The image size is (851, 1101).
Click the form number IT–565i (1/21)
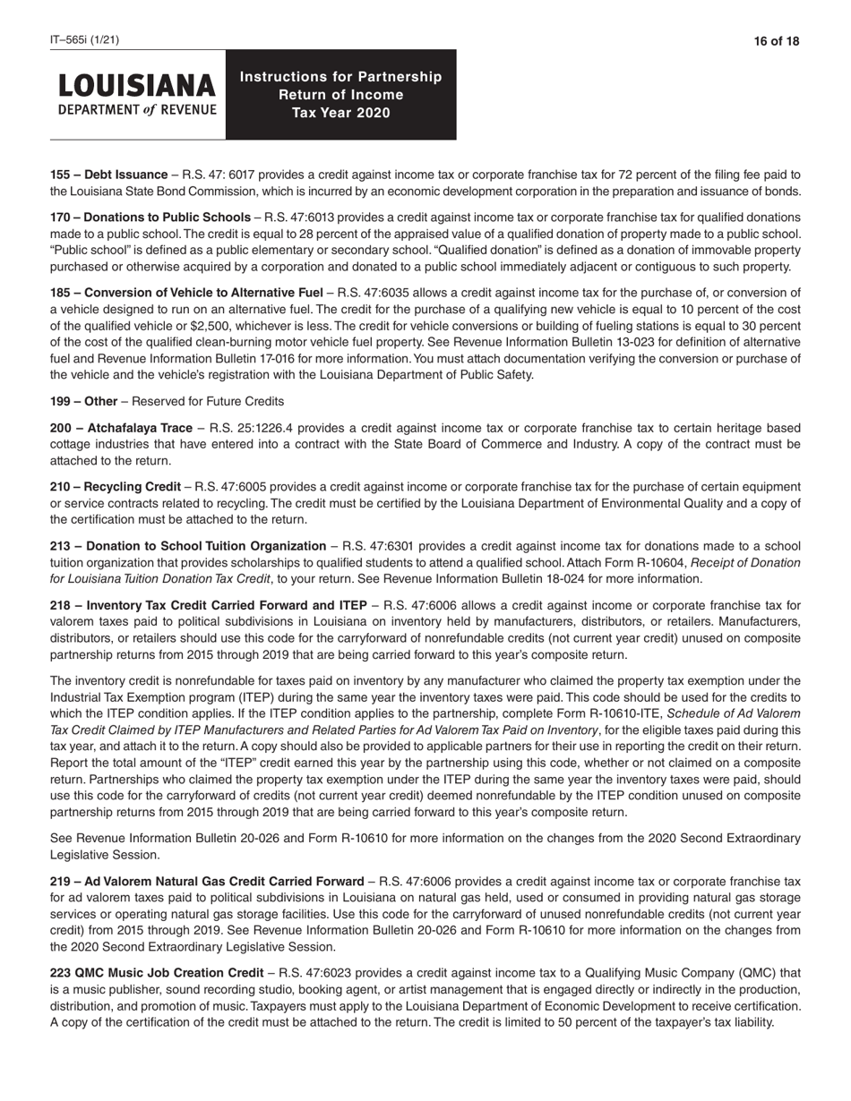[84, 40]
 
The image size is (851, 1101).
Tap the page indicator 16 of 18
[777, 41]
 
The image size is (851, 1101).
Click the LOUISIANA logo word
[137, 86]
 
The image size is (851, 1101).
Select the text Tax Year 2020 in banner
[340, 113]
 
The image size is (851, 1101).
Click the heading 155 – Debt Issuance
[108, 175]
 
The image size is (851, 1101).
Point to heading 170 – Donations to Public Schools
[150, 218]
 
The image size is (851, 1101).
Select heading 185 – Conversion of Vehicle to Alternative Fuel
[185, 293]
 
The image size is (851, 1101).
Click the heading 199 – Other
[83, 401]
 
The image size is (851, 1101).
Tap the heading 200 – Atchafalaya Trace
[121, 428]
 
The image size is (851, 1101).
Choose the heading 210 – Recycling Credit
[115, 486]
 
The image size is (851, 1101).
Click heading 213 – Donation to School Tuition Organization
[188, 546]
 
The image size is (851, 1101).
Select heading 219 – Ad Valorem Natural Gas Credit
[207, 882]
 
